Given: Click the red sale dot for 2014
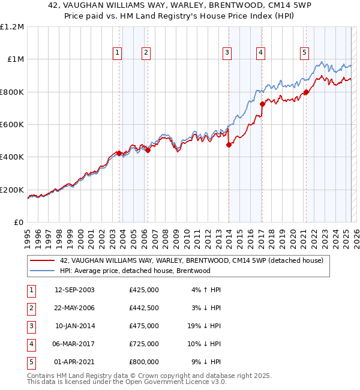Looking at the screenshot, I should point(229,145).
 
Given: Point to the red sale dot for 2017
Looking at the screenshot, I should point(262,104).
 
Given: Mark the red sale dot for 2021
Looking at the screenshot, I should point(306,92).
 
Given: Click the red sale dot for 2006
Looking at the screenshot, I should point(148,150).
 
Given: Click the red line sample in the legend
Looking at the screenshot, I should point(42,260).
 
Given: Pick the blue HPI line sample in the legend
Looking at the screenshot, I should point(42,271).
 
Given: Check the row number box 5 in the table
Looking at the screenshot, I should point(30,362).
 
